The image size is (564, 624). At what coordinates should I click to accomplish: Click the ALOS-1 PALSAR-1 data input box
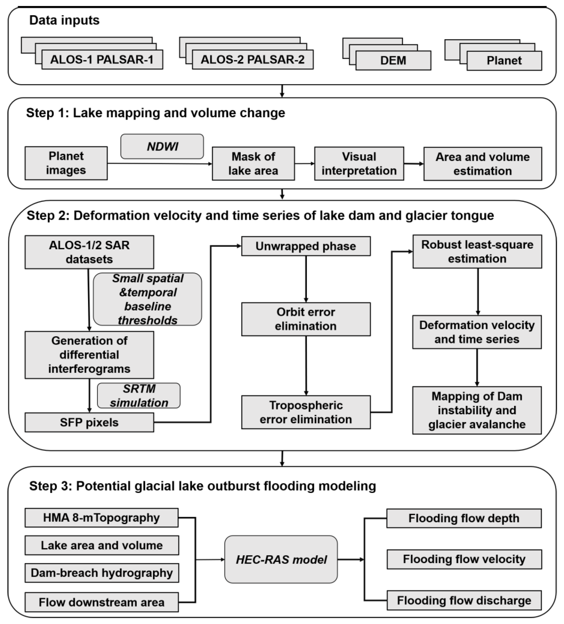[102, 59]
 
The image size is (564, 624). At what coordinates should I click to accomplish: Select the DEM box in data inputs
[393, 60]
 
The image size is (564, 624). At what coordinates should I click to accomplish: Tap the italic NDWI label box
[162, 146]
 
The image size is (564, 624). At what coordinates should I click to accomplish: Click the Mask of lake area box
[253, 164]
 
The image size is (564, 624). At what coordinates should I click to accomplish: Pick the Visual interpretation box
[359, 164]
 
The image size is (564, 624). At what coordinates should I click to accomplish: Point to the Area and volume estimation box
[483, 164]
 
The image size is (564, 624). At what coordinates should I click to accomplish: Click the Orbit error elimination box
[306, 319]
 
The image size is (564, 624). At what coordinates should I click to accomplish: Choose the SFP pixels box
[89, 422]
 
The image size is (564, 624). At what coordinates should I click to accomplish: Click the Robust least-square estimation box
[477, 252]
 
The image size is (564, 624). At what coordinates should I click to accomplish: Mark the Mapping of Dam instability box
[477, 410]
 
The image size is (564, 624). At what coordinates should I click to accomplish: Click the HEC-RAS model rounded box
[281, 560]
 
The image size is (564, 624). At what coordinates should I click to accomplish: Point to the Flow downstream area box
[101, 602]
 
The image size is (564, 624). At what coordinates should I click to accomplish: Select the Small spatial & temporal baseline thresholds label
[148, 299]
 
